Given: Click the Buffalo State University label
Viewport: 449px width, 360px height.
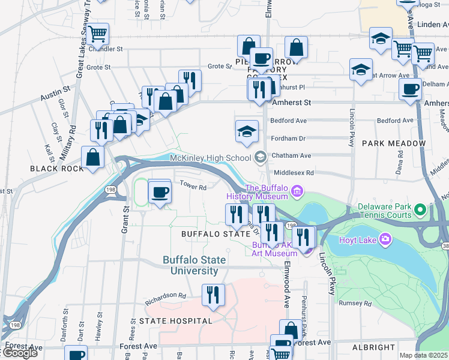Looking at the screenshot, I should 194,265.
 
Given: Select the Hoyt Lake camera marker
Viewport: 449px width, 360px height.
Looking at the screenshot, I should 385,240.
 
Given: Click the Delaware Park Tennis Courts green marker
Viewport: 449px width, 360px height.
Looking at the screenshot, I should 420,211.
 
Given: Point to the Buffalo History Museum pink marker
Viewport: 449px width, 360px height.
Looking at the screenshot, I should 297,193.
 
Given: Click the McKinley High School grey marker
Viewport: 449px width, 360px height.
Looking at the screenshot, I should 260,158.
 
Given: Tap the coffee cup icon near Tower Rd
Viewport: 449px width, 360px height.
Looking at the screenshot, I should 160,193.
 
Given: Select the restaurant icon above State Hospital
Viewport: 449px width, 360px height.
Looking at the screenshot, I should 213,295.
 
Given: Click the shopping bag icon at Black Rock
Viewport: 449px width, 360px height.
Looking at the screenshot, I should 93,158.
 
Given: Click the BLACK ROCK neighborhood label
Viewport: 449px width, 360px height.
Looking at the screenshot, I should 57,169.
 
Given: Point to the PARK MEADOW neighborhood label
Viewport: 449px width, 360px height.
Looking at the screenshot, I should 393,144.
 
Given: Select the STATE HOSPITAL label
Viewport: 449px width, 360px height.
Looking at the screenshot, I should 176,321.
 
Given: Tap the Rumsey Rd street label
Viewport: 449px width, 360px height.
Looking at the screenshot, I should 355,303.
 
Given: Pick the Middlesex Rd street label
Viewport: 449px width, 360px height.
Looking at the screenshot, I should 292,173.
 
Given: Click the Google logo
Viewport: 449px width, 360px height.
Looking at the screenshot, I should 20,353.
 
